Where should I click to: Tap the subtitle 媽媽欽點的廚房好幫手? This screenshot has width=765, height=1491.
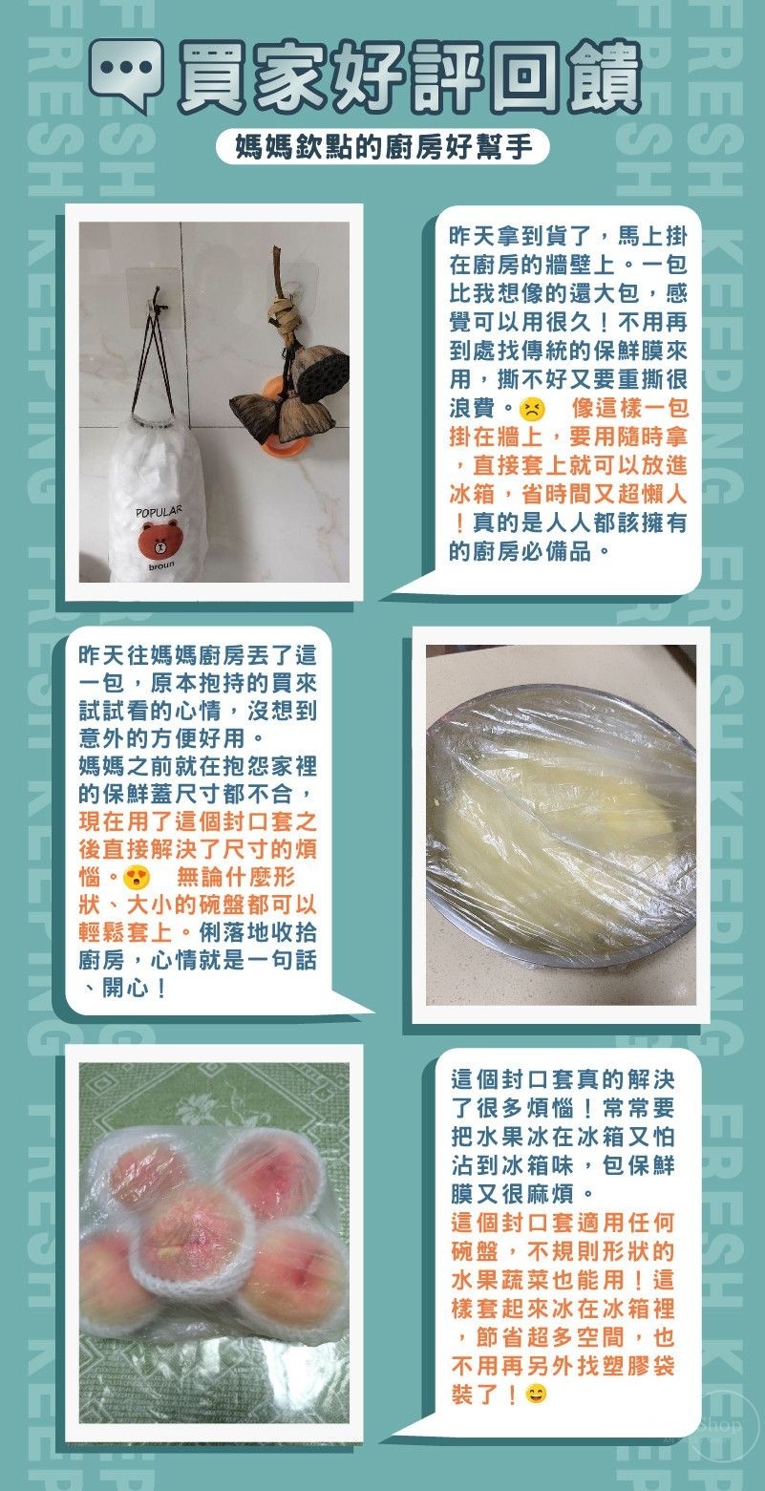[x=384, y=146]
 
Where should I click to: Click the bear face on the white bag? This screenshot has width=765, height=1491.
[x=159, y=539]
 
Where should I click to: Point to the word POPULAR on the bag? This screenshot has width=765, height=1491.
[x=159, y=512]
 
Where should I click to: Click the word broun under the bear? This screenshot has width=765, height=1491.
[x=161, y=565]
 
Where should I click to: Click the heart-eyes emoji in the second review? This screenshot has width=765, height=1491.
[x=137, y=877]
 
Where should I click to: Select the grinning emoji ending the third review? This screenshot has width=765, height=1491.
[x=536, y=1394]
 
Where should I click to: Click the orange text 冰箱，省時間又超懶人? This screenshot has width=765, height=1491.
[x=567, y=494]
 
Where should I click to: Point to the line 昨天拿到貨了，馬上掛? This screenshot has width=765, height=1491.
[x=567, y=236]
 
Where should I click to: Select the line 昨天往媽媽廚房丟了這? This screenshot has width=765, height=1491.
[x=197, y=655]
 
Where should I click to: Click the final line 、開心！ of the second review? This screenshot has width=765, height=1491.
[x=124, y=989]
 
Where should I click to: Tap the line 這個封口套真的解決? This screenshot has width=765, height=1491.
[x=563, y=1078]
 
